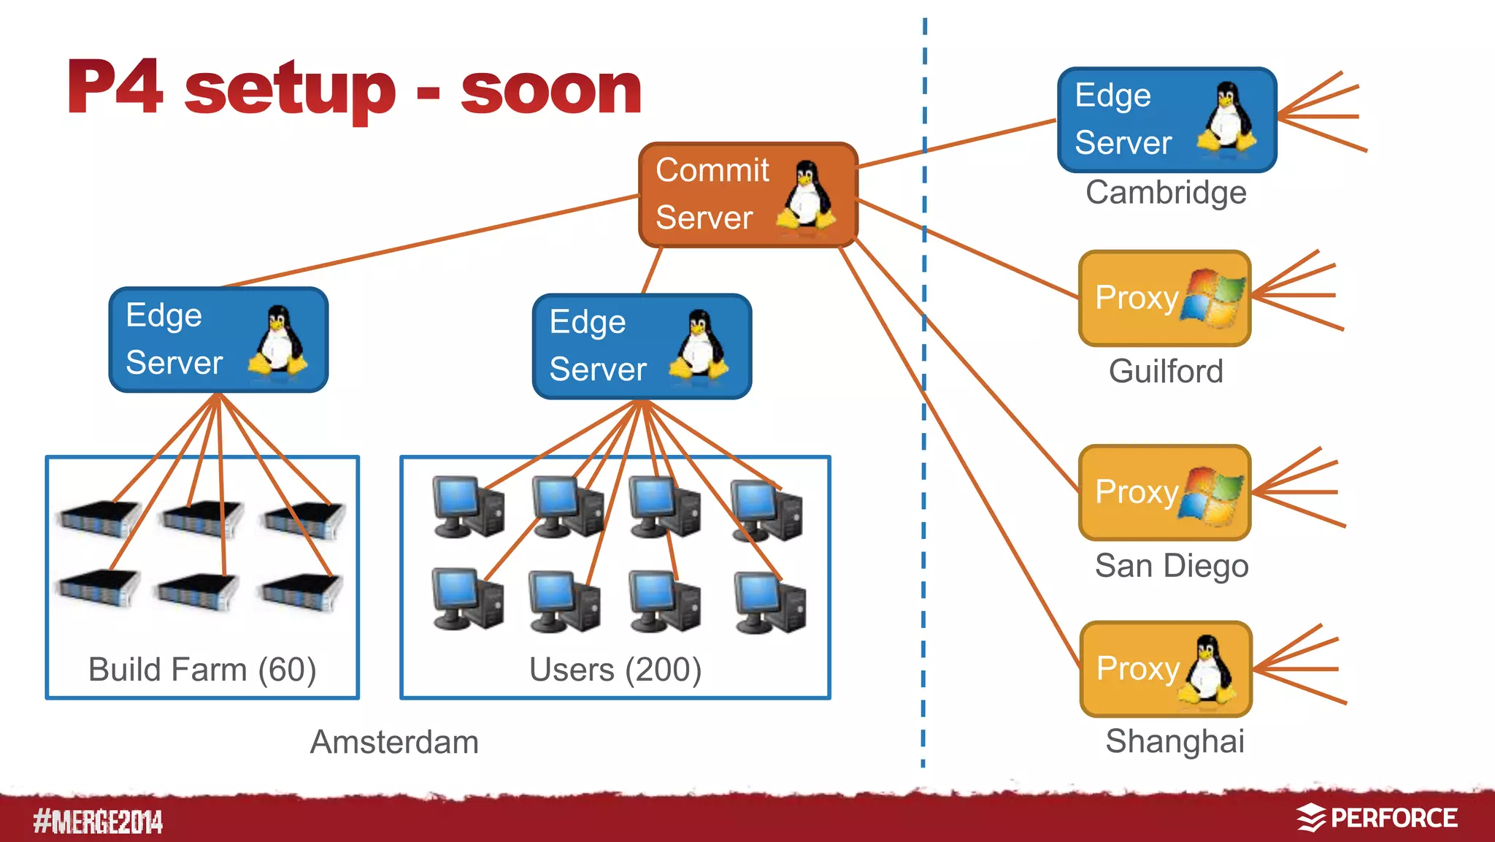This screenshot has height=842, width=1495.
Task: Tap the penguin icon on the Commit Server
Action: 806,196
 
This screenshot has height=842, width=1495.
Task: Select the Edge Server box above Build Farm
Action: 218,340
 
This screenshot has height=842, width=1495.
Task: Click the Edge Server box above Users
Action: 641,347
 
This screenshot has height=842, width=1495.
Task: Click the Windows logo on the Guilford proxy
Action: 1212,298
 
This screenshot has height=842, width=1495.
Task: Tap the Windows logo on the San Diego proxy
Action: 1212,494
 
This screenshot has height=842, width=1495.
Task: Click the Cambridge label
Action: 1165,193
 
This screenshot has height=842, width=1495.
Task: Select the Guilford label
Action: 1165,371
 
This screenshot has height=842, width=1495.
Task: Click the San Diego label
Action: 1171,566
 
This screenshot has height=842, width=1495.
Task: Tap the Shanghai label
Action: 1174,741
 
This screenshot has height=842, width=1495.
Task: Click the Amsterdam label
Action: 394,742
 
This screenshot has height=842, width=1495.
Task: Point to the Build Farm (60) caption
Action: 202,669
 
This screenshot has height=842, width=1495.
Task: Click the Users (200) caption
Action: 615,669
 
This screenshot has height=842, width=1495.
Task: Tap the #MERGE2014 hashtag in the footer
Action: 98,822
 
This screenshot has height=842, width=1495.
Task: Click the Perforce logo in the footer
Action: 1377,818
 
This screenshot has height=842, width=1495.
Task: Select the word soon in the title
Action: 551,89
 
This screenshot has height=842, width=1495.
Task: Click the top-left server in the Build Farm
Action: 99,518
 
